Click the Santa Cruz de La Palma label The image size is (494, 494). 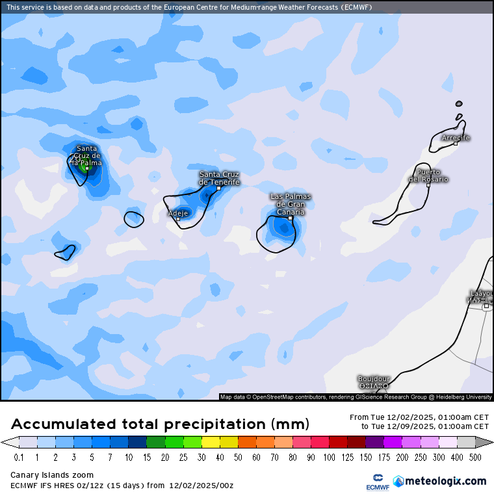tap(86, 155)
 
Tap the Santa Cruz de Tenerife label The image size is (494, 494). tap(219, 178)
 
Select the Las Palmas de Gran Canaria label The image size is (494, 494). tap(291, 203)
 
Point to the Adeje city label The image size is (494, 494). tap(178, 213)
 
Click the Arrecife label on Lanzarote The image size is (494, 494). tap(455, 138)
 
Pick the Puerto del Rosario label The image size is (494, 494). tap(428, 175)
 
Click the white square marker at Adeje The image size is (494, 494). tap(178, 219)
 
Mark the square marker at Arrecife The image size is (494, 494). tap(456, 144)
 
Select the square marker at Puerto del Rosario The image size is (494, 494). tap(428, 185)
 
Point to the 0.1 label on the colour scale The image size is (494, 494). tap(19, 458)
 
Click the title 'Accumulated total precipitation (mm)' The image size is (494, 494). tap(160, 424)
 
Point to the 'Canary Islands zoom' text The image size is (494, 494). tap(52, 475)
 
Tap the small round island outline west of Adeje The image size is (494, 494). tap(134, 219)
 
